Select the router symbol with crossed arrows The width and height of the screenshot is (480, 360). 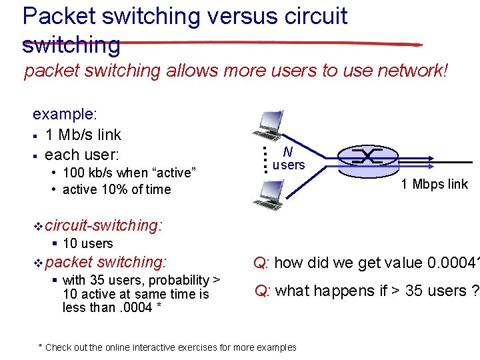coord(367,157)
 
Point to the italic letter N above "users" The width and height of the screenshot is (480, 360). coord(287,152)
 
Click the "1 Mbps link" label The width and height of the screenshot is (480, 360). coord(434,184)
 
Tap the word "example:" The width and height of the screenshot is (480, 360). coord(65,115)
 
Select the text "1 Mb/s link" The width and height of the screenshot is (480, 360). coord(83,135)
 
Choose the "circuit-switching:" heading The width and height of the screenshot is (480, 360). coord(104,226)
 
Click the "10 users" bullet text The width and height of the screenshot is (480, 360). coord(87,244)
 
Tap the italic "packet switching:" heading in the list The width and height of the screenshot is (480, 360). coord(106,263)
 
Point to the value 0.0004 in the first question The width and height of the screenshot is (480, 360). coord(454,263)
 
